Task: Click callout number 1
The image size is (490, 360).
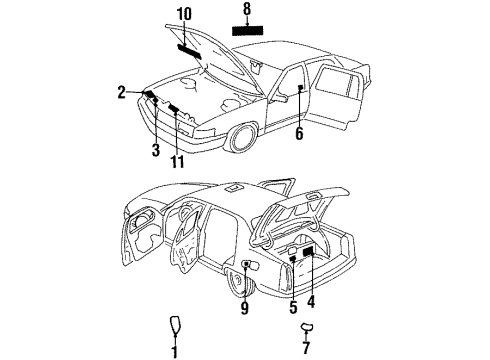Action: point(174,350)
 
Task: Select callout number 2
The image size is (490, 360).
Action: point(122,92)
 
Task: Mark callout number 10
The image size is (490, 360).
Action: point(183,16)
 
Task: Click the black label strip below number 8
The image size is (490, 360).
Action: point(246,30)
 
